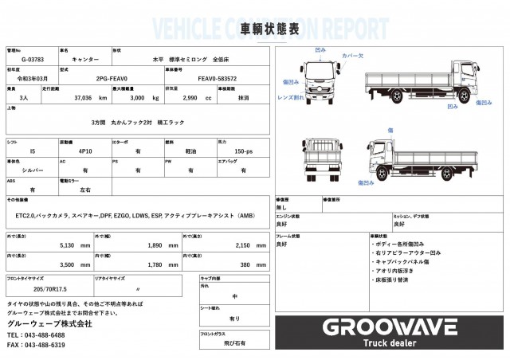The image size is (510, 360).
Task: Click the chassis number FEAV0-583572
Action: pyautogui.click(x=217, y=80)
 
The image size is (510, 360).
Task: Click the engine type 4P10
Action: pyautogui.click(x=85, y=150)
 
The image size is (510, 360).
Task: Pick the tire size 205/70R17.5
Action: pyautogui.click(x=49, y=288)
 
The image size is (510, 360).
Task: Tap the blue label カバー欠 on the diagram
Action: pyautogui.click(x=352, y=57)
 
